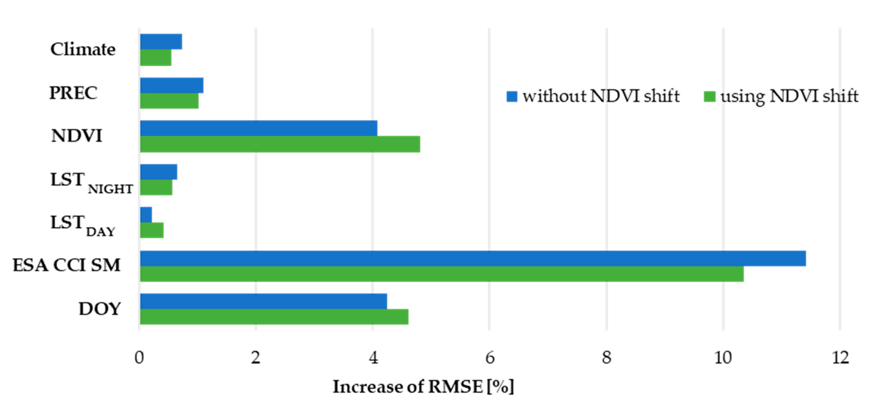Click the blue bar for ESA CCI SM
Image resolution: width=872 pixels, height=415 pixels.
(x=473, y=259)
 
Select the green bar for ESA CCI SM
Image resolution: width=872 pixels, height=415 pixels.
(x=442, y=274)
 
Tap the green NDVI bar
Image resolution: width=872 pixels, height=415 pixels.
(x=280, y=144)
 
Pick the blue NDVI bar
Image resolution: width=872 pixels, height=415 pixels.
(x=259, y=128)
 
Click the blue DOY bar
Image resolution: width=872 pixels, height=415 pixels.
(x=263, y=301)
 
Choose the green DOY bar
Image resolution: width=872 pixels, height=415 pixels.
(x=274, y=317)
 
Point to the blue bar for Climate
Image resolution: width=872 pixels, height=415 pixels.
(x=161, y=42)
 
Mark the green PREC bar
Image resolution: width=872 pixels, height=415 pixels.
(x=169, y=101)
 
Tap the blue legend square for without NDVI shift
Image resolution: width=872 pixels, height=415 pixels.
(x=512, y=96)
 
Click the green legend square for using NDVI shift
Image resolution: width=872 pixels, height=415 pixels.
(x=709, y=96)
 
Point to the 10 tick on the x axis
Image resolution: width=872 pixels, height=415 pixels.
(x=723, y=358)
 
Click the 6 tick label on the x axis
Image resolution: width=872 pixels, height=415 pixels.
(x=489, y=358)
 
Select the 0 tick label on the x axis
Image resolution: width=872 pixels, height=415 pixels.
(x=139, y=358)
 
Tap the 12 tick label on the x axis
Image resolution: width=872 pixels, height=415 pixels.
(x=840, y=358)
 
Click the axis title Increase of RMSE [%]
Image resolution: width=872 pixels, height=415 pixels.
(x=423, y=387)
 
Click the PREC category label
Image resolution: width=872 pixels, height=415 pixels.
(x=73, y=93)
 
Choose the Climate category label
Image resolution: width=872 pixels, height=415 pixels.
(x=83, y=49)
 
